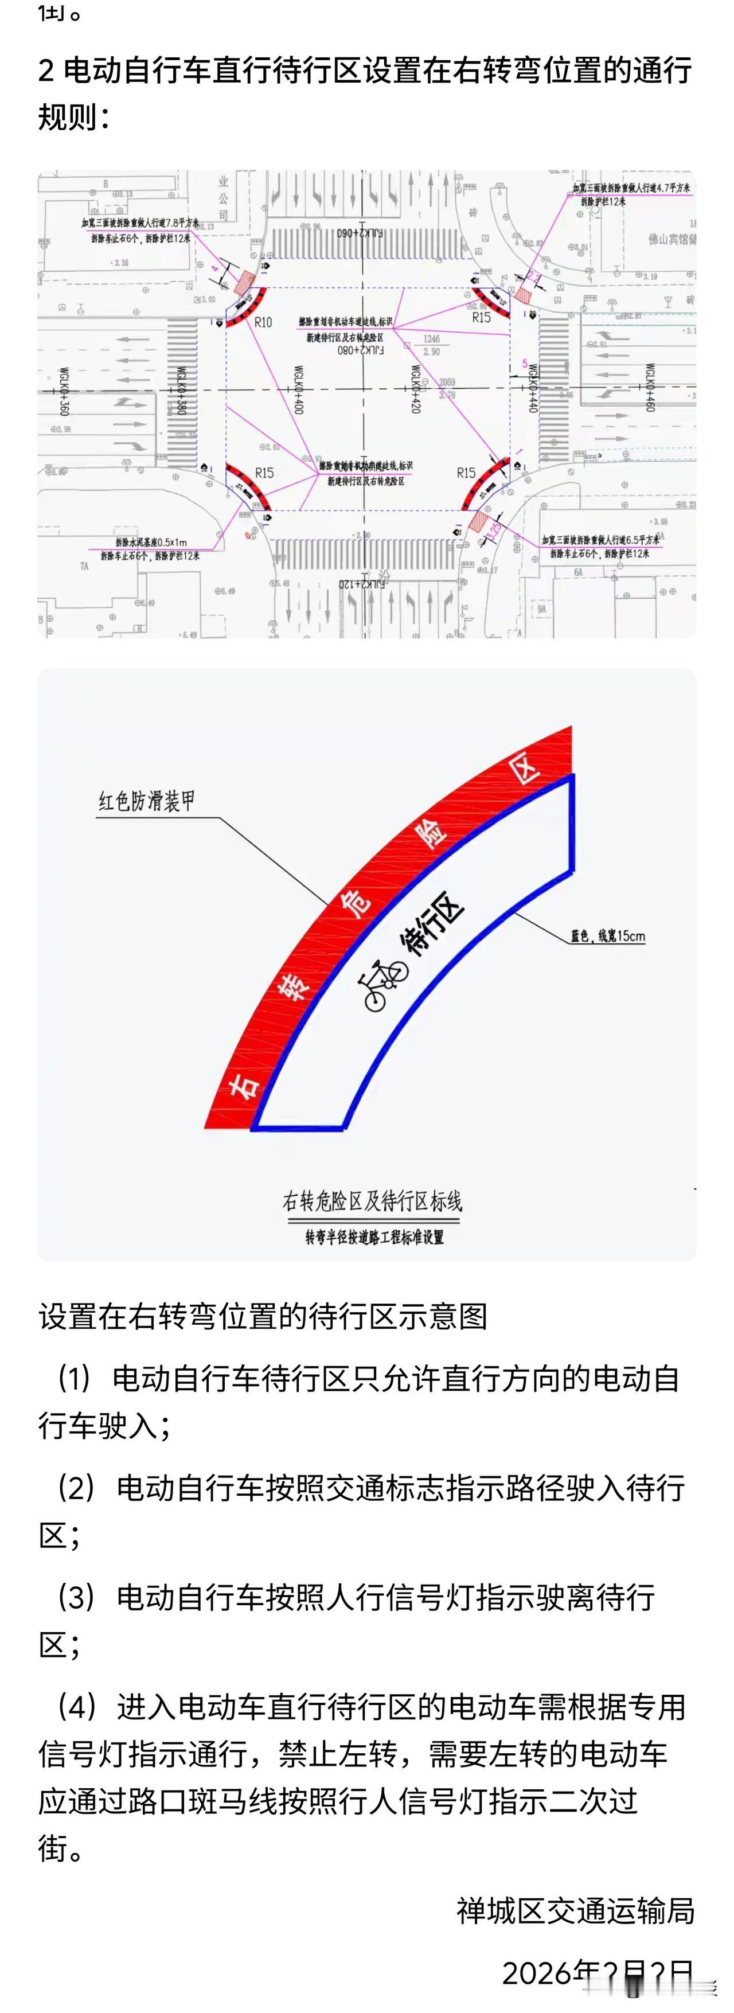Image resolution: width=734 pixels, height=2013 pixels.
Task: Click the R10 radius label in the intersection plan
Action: pos(263,322)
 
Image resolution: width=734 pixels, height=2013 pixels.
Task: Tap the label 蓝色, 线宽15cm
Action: pos(607,936)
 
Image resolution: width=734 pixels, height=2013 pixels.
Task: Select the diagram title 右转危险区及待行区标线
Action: pos(372,1201)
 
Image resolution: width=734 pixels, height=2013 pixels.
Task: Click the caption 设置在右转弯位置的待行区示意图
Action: pos(263,1317)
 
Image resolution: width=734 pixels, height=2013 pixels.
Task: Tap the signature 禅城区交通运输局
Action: pos(575,1911)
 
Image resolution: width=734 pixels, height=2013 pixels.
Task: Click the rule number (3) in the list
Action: pos(77,1597)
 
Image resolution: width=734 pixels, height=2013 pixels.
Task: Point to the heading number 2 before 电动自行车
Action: pos(47,71)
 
